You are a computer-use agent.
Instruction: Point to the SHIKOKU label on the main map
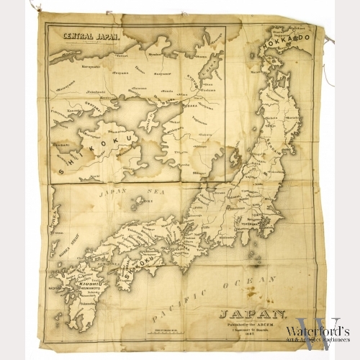[x=138, y=270]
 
